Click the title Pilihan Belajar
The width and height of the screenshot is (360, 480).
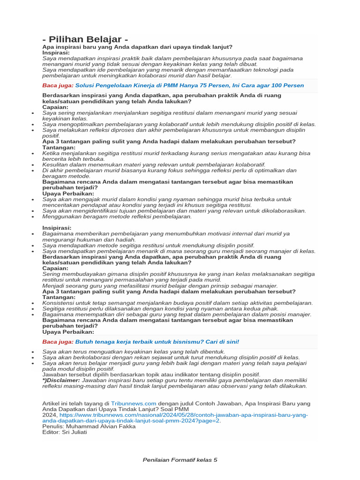coord(85,39)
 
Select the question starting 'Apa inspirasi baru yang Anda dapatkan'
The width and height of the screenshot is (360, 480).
coord(137,47)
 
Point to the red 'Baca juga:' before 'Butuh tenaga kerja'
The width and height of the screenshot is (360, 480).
coord(58,342)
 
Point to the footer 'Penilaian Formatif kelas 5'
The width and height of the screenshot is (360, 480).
coord(180,460)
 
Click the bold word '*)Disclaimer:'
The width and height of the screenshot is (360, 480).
coord(61,380)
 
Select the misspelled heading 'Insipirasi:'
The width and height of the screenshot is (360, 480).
coord(57,227)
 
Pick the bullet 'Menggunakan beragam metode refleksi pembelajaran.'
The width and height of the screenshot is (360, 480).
coord(117,217)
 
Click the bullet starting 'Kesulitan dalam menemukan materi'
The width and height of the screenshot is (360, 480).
coord(154,165)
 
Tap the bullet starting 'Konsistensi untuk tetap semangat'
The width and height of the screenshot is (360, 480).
coord(177,303)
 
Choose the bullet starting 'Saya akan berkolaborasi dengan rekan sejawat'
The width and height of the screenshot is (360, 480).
coord(171,357)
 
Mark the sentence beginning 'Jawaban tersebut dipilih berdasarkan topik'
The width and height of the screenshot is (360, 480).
coord(151,375)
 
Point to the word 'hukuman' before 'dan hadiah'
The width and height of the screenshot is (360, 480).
coord(85,239)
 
